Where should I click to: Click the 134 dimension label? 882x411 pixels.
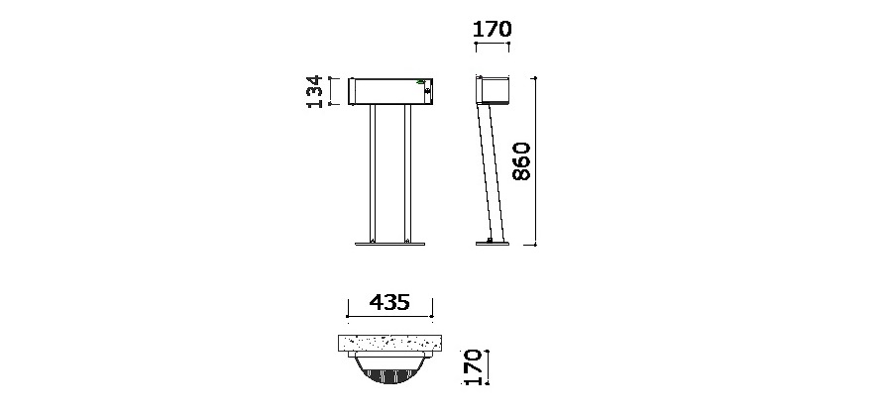pos(315,91)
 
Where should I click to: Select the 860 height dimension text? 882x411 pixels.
pos(521,161)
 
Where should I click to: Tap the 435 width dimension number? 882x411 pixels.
pos(389,302)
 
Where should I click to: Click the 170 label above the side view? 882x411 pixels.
pos(493,29)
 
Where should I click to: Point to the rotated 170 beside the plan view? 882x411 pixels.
pos(472,367)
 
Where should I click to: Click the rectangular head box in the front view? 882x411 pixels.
pos(389,92)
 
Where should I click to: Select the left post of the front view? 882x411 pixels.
pos(372,173)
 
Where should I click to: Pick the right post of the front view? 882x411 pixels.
pos(408,173)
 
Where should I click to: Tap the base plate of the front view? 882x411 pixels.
pos(389,244)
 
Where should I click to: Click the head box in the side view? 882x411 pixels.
pos(493,90)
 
